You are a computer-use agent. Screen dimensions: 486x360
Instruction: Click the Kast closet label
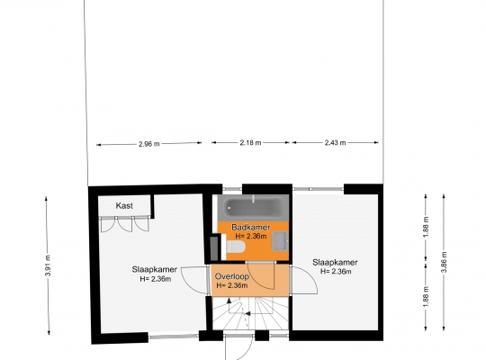tap(124, 205)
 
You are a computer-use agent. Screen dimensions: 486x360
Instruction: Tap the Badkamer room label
tap(251, 227)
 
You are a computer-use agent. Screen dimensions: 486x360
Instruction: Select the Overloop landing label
tap(232, 276)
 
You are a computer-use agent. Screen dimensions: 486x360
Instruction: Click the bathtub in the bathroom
tap(253, 207)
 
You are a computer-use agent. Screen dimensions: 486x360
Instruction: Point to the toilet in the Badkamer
tap(236, 247)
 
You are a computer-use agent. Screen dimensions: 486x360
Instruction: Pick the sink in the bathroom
tap(280, 241)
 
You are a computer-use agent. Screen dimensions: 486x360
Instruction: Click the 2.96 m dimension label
tap(149, 144)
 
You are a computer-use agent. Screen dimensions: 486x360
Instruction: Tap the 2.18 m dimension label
tap(250, 142)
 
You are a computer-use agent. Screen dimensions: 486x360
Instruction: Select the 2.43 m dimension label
tap(335, 142)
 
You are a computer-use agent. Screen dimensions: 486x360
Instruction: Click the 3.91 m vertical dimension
tap(48, 265)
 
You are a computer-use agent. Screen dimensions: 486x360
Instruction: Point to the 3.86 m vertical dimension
tap(444, 262)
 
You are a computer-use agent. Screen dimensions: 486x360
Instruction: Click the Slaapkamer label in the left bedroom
tap(155, 269)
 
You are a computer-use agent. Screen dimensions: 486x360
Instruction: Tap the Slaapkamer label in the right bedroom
tap(335, 262)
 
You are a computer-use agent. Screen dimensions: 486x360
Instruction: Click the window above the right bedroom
tap(318, 189)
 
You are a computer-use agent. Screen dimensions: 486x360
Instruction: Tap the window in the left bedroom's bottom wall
tap(174, 336)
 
